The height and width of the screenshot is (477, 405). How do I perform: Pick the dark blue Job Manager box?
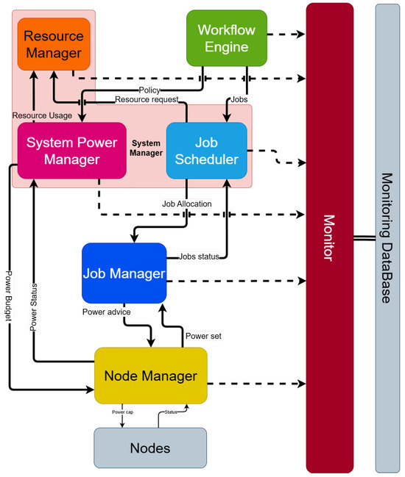click(124, 273)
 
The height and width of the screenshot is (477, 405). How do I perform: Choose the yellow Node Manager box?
click(150, 376)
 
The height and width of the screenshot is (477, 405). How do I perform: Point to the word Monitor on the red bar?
click(329, 237)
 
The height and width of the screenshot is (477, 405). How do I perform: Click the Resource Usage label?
click(42, 115)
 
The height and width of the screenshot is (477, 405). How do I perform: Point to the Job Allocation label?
click(186, 204)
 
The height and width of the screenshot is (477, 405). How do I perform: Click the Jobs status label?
click(199, 257)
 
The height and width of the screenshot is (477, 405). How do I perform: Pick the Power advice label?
click(106, 312)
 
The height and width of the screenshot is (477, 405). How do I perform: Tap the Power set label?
click(203, 335)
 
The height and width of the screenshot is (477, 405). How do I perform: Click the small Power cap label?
click(122, 412)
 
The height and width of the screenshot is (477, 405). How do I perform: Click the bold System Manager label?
click(146, 148)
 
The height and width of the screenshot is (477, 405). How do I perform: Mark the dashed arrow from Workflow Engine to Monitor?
click(286, 34)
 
